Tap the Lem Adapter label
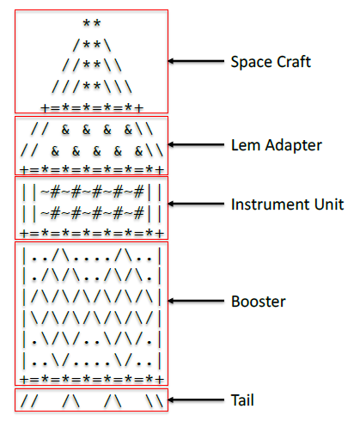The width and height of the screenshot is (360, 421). (x=277, y=145)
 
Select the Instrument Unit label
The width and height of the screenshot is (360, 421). (x=288, y=204)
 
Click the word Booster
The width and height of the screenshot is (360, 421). (x=259, y=302)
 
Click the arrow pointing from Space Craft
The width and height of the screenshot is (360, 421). (x=196, y=62)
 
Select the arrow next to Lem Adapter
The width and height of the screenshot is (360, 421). (x=196, y=144)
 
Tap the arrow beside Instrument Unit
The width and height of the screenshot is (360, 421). (x=196, y=204)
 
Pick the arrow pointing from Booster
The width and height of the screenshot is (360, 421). (x=196, y=302)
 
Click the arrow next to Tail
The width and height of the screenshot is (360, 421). (x=196, y=400)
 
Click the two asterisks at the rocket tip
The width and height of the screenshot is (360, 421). (x=90, y=23)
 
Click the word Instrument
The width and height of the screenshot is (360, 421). (x=272, y=204)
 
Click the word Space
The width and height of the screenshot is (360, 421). (x=250, y=63)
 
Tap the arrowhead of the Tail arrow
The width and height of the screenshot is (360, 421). (x=172, y=400)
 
